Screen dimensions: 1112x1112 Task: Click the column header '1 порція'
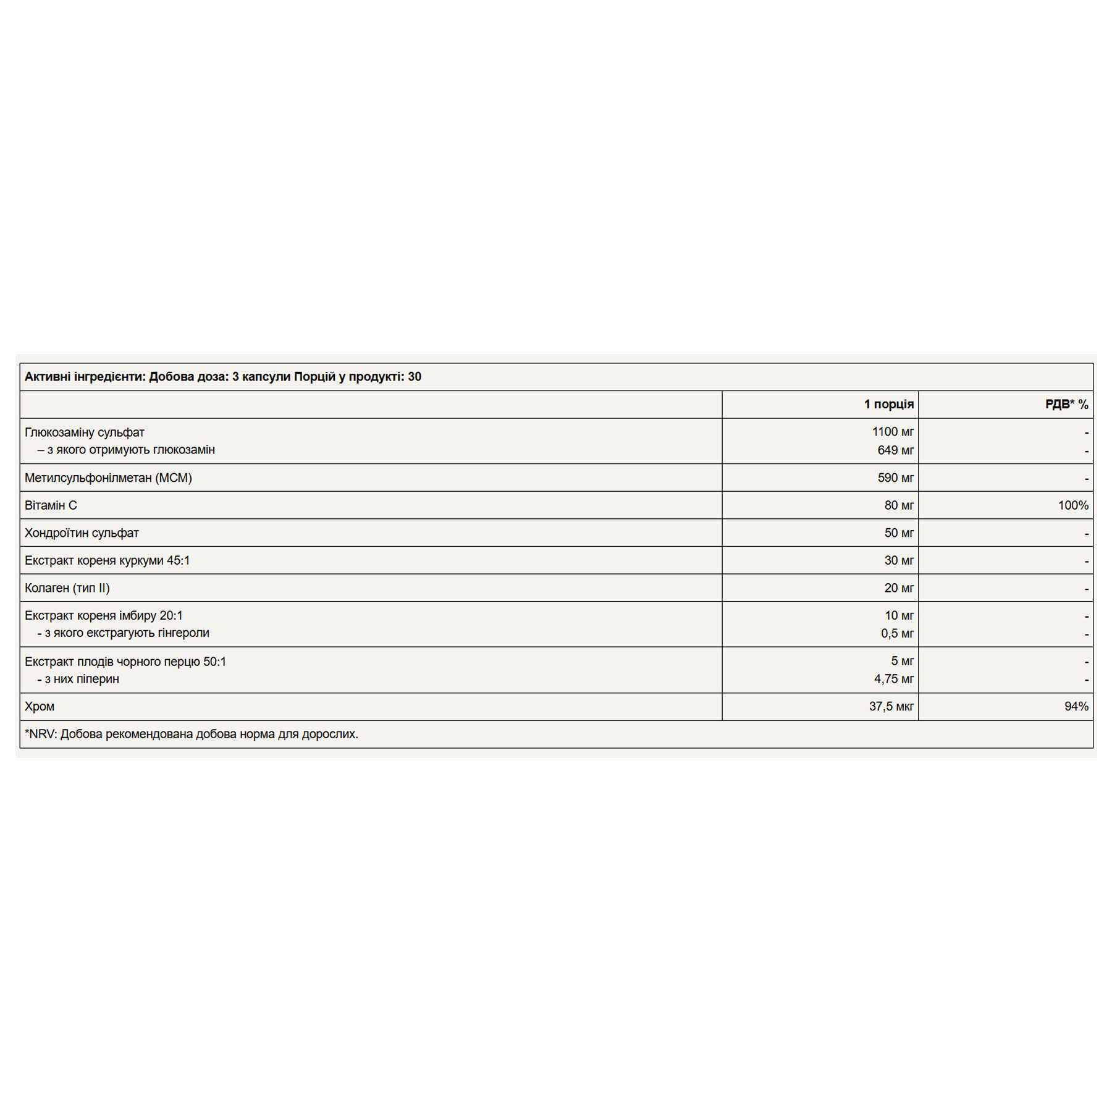click(x=888, y=404)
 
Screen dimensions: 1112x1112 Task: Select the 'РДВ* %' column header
click(x=1066, y=404)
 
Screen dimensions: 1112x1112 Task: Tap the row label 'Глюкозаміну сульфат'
click(x=85, y=432)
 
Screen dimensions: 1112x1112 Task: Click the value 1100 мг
click(x=893, y=432)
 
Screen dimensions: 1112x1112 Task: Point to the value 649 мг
click(x=895, y=450)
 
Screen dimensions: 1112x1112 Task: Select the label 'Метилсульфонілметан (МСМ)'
click(x=108, y=478)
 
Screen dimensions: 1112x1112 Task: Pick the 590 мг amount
click(x=895, y=478)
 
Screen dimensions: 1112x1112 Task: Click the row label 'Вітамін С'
click(x=51, y=505)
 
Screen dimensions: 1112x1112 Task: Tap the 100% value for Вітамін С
click(x=1073, y=505)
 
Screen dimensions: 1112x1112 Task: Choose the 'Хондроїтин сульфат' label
click(x=82, y=533)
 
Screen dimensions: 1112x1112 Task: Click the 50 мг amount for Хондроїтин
click(x=899, y=533)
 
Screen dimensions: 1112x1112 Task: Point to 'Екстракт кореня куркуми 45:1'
click(x=107, y=560)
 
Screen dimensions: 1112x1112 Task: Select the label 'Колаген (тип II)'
click(x=67, y=588)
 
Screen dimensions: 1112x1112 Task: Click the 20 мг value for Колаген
click(x=899, y=588)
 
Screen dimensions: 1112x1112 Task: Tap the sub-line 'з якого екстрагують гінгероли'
click(x=127, y=633)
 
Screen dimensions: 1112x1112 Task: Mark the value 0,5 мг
click(x=897, y=633)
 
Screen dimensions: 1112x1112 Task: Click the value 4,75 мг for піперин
click(x=894, y=679)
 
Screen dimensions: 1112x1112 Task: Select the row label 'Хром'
click(x=40, y=706)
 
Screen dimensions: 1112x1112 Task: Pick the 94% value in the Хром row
click(x=1076, y=706)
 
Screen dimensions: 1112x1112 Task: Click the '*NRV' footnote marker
click(x=40, y=734)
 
